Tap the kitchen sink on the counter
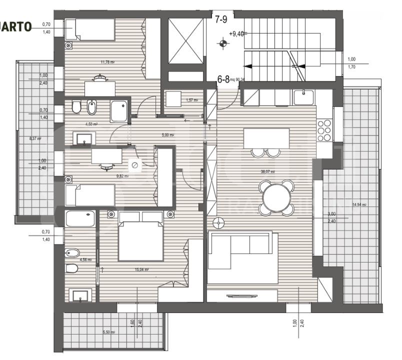[x=303, y=96]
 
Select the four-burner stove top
[x=325, y=131]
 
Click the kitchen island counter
[x=266, y=138]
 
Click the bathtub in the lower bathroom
[x=80, y=218]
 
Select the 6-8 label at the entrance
[x=223, y=78]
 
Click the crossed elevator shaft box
[x=186, y=41]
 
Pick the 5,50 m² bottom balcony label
[x=108, y=332]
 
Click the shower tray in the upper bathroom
[x=119, y=110]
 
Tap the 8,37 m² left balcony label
[x=34, y=139]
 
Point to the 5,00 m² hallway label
[x=167, y=135]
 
